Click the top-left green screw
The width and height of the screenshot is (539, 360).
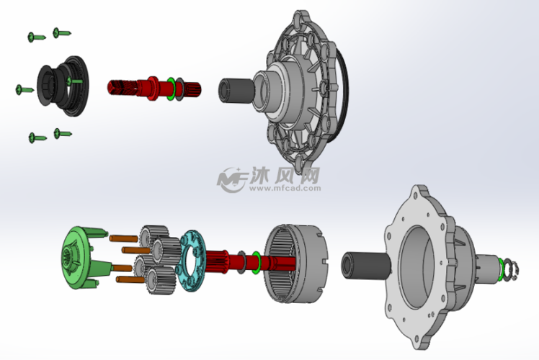click(x=36, y=37)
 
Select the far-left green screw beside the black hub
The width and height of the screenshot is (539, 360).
click(x=24, y=90)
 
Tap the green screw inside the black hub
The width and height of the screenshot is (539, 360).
click(x=74, y=81)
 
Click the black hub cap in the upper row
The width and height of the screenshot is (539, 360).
click(x=62, y=86)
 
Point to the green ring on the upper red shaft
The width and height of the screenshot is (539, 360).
click(x=171, y=89)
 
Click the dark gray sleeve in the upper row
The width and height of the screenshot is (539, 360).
click(x=236, y=91)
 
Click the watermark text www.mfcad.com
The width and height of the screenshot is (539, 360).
click(x=285, y=188)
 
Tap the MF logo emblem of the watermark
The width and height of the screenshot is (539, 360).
click(x=232, y=180)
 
